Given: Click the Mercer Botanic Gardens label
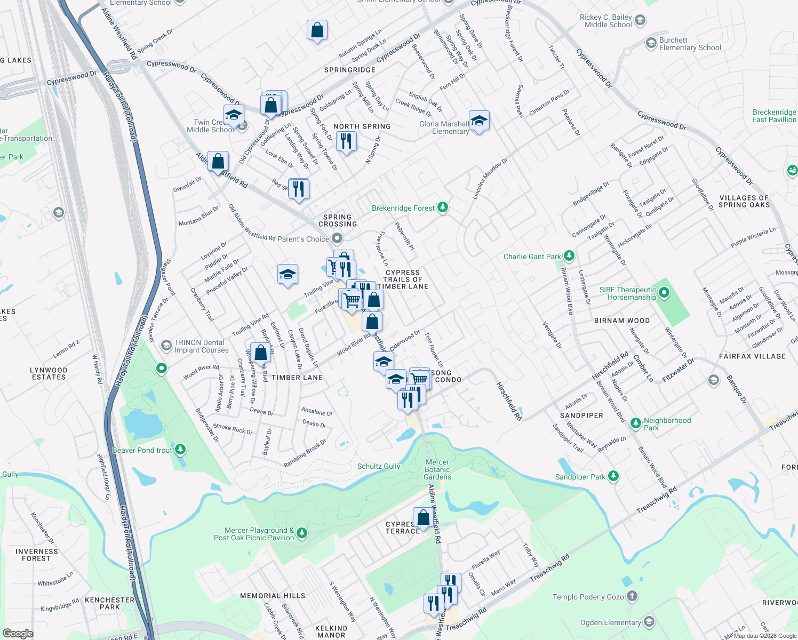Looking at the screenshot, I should (x=437, y=470).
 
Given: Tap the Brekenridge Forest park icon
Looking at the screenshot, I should (x=443, y=207).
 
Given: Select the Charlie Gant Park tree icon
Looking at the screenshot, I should (x=569, y=256).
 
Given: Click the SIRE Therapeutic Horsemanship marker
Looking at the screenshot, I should (x=664, y=292).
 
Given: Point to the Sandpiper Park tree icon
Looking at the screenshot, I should (x=613, y=476).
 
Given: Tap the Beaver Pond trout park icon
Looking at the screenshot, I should (x=180, y=450).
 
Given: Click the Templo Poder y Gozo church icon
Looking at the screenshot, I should (x=632, y=596).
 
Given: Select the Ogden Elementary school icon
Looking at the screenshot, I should (x=649, y=621).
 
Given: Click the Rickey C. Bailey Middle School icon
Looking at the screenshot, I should (x=640, y=21).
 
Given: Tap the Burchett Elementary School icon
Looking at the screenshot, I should (x=651, y=43).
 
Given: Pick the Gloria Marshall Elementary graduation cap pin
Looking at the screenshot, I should (x=479, y=121).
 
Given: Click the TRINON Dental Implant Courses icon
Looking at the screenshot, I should (x=166, y=346).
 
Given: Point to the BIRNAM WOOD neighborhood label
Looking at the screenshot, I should (x=622, y=321).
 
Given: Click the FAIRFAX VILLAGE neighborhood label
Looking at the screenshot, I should (x=752, y=356).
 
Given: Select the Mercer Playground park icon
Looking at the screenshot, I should (x=302, y=533).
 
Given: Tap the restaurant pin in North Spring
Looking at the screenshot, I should (x=346, y=141).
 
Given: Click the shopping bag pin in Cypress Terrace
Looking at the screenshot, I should (x=423, y=517).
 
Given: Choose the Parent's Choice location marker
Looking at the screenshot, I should (x=337, y=238).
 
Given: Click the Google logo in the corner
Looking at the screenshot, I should (x=18, y=634).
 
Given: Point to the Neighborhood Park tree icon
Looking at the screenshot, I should (x=635, y=423).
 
